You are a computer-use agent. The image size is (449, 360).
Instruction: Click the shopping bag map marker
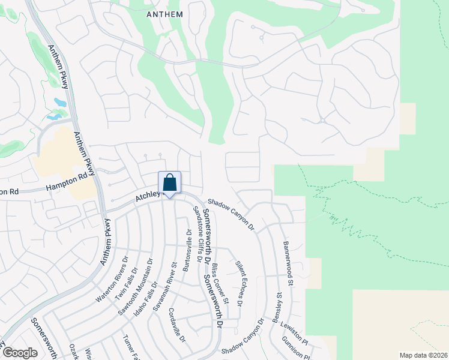(170, 182)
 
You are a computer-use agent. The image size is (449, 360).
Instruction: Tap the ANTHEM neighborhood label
(165, 13)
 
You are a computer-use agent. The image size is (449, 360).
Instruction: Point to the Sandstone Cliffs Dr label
(196, 233)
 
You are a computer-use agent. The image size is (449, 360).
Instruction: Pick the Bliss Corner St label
(221, 287)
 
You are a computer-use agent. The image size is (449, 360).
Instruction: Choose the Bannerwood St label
(288, 263)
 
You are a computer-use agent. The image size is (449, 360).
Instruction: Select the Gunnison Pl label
(295, 349)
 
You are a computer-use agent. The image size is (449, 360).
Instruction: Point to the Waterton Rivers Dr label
(112, 280)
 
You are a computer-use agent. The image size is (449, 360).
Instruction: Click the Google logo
(20, 353)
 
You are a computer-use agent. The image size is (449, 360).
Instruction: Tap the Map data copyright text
(423, 355)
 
